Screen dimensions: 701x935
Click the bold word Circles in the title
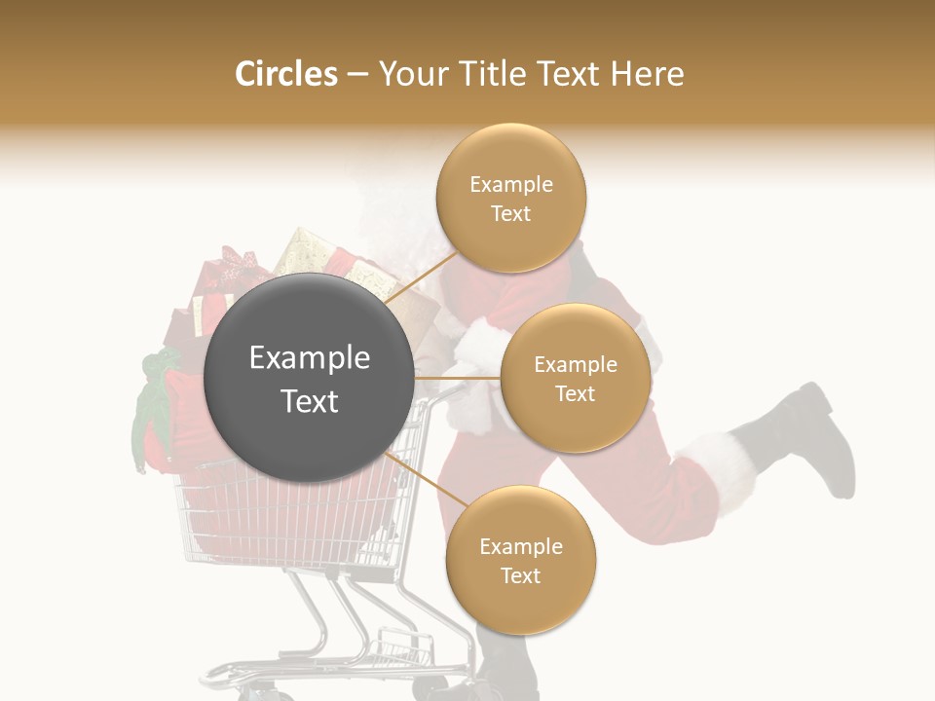(286, 74)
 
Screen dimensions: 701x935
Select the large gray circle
(309, 378)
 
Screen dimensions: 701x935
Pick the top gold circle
(511, 199)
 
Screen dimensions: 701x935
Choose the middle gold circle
(576, 378)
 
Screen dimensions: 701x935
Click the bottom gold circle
(520, 561)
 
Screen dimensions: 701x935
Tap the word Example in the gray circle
(309, 358)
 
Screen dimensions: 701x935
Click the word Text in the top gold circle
(510, 214)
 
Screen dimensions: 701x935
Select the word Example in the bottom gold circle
(520, 546)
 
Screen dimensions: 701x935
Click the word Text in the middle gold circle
(575, 393)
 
